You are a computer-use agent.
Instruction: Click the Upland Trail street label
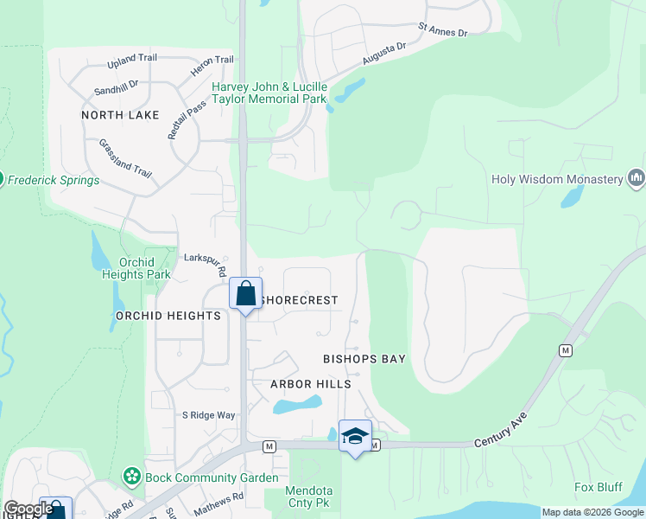pos(133,61)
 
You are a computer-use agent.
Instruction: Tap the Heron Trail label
pos(213,60)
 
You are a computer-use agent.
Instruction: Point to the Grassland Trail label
pos(125,158)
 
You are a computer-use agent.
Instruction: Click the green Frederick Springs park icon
pos(2,180)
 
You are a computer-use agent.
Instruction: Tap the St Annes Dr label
pos(442,32)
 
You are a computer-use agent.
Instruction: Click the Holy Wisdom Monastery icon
pos(636,178)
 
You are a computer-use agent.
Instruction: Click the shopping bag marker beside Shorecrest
pos(245,293)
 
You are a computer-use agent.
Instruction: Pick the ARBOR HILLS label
pos(311,384)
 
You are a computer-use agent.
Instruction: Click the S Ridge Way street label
pos(208,415)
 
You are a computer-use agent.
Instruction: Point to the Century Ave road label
pos(500,432)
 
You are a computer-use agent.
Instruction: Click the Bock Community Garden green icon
pos(131,477)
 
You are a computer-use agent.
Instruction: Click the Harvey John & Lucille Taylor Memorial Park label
pos(270,93)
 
